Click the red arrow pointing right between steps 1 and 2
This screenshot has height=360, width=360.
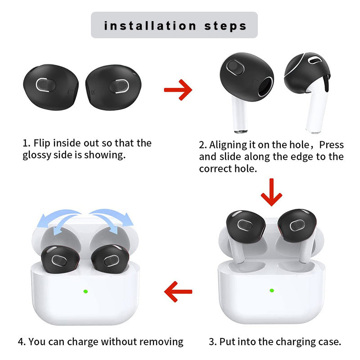pyautogui.click(x=178, y=90)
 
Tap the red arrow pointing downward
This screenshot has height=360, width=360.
pyautogui.click(x=271, y=192)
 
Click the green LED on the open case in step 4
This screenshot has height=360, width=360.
pyautogui.click(x=85, y=291)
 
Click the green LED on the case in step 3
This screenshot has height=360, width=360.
pyautogui.click(x=272, y=290)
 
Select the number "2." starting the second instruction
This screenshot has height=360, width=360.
pyautogui.click(x=203, y=145)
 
